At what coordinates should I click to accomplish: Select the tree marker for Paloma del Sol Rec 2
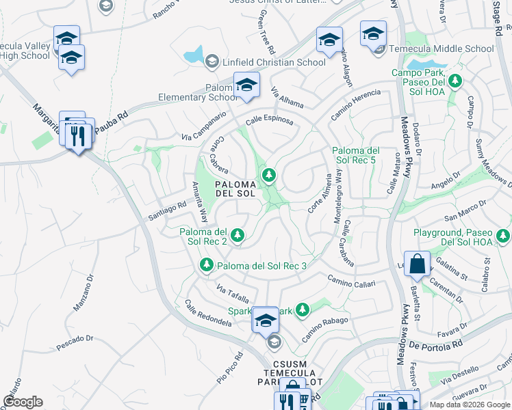coord(238,236)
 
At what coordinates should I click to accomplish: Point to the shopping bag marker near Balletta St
coord(417,264)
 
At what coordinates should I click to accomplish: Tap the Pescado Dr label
coord(75,343)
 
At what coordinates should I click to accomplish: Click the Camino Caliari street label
coord(351,280)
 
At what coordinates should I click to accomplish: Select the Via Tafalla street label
coord(231,295)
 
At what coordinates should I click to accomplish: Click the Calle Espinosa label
coord(270,120)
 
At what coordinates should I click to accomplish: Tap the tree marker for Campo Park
coord(455,81)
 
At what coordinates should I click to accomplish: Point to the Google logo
coord(23,402)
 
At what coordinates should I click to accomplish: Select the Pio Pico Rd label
coord(230,367)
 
